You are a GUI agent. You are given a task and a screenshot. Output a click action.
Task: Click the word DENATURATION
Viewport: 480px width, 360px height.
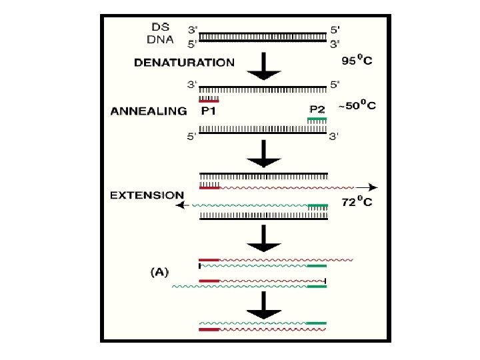coord(184,63)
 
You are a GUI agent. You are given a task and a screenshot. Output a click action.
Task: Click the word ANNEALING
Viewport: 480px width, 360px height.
coord(148,111)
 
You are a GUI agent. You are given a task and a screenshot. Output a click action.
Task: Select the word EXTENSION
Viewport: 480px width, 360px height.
coord(147,195)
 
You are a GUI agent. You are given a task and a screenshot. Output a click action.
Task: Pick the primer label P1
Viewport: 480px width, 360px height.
coord(211,111)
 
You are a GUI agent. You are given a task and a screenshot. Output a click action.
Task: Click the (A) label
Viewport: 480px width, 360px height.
coord(160,271)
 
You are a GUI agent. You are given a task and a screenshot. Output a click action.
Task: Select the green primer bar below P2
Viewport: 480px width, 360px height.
coord(317,119)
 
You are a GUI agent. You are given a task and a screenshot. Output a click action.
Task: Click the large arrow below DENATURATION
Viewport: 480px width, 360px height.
coord(265,69)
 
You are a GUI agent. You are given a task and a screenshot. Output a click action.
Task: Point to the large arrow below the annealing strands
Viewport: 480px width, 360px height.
coord(265,155)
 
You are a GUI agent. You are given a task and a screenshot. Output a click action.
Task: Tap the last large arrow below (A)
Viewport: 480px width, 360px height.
coord(265,308)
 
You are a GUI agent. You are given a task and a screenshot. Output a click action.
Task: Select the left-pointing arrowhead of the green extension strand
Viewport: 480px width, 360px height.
coord(178,205)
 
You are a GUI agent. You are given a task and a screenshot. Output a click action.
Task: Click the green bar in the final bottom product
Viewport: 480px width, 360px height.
coord(317,323)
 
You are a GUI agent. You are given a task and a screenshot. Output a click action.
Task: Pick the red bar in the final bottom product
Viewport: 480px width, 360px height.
coord(209,329)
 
